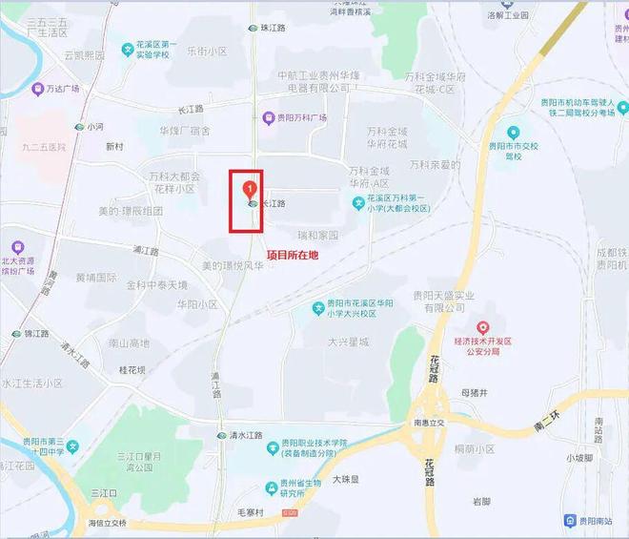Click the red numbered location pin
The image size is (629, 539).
tap(250, 187)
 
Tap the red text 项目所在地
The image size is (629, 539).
tap(292, 255)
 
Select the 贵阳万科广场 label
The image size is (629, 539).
tap(301, 117)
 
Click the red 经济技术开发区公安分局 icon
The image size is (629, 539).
tap(483, 329)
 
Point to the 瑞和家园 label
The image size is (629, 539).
tap(317, 235)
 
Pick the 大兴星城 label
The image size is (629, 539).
tap(346, 341)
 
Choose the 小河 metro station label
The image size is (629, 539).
tap(94, 125)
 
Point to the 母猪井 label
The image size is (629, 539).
tap(473, 392)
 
